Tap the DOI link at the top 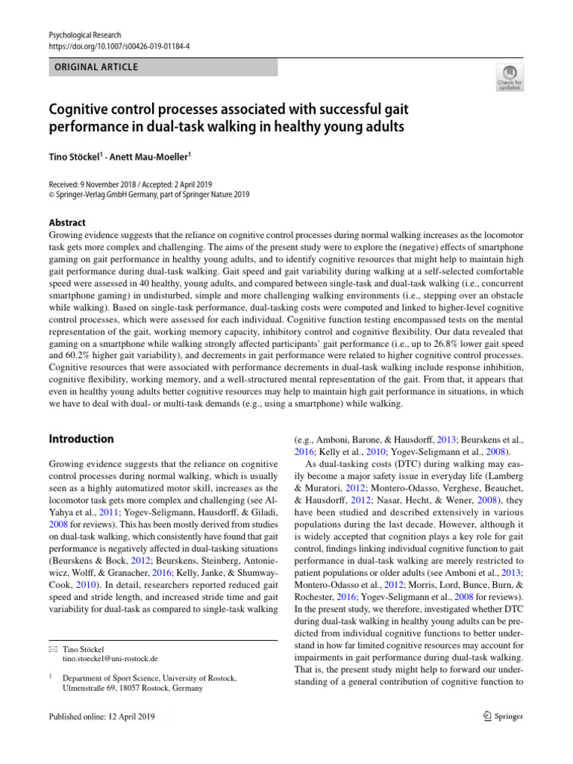(119, 46)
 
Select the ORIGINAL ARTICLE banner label (93, 67)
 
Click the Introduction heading (81, 439)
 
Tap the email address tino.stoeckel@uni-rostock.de (110, 659)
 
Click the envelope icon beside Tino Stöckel (51, 648)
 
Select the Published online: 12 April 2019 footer (101, 717)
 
